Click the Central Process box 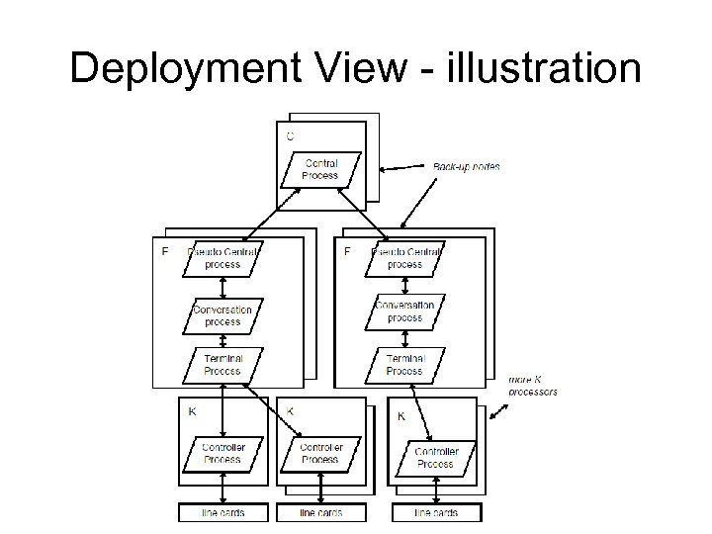[x=320, y=170]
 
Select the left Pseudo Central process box [x=222, y=258]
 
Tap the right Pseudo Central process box [x=404, y=258]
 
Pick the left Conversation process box [x=222, y=315]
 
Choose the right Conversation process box [x=404, y=311]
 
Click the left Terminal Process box [x=222, y=364]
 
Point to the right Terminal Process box [x=404, y=364]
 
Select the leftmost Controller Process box [x=222, y=453]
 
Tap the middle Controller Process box [x=319, y=453]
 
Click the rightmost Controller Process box [x=435, y=457]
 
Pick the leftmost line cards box [x=222, y=513]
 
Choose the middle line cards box [x=319, y=513]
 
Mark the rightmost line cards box [x=436, y=513]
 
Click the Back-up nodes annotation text [x=466, y=166]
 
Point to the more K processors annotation [x=533, y=385]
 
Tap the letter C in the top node [x=290, y=135]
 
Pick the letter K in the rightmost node [x=400, y=416]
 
